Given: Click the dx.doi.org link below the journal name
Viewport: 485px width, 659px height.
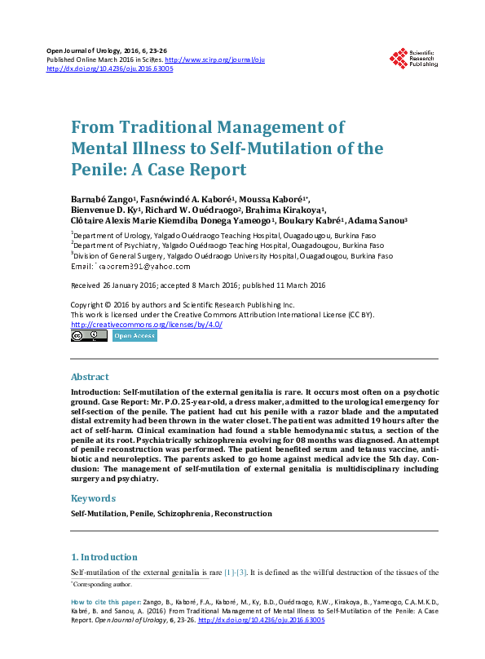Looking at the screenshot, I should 110,69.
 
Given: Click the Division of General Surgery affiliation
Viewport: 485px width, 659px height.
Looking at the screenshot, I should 227,255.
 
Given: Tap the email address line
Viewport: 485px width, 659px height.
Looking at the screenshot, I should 130,267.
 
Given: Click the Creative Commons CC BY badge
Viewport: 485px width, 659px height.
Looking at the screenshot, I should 89,335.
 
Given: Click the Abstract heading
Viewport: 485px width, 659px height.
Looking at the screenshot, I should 90,378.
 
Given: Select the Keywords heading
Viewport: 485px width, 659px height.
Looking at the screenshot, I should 93,498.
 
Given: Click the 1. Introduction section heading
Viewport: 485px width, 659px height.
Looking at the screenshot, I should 104,557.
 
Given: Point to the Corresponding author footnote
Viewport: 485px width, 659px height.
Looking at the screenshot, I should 101,584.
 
